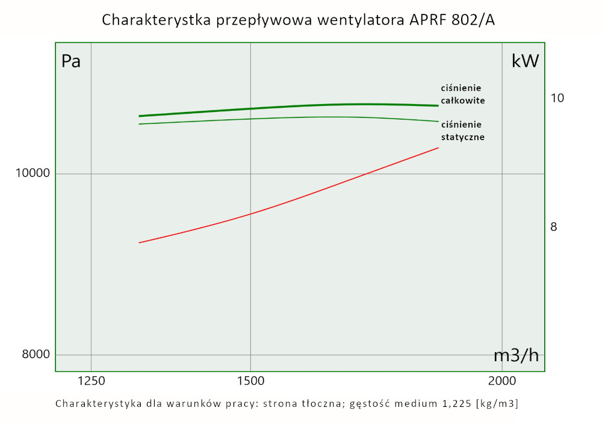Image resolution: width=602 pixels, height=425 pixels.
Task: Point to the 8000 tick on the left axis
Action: coord(36,355)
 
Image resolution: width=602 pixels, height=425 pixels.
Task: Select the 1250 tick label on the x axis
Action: coord(91,380)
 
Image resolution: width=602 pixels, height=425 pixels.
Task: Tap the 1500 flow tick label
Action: coord(250,380)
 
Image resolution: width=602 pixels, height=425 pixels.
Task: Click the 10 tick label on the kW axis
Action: coord(557,98)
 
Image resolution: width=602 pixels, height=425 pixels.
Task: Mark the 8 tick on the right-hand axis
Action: coord(554,227)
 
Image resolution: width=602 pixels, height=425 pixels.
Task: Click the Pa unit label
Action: coord(71,61)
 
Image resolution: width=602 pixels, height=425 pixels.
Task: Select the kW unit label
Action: coord(525,61)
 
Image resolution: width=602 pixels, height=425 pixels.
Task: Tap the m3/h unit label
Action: coord(516,355)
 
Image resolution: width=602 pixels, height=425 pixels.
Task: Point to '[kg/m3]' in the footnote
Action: coord(497,403)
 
